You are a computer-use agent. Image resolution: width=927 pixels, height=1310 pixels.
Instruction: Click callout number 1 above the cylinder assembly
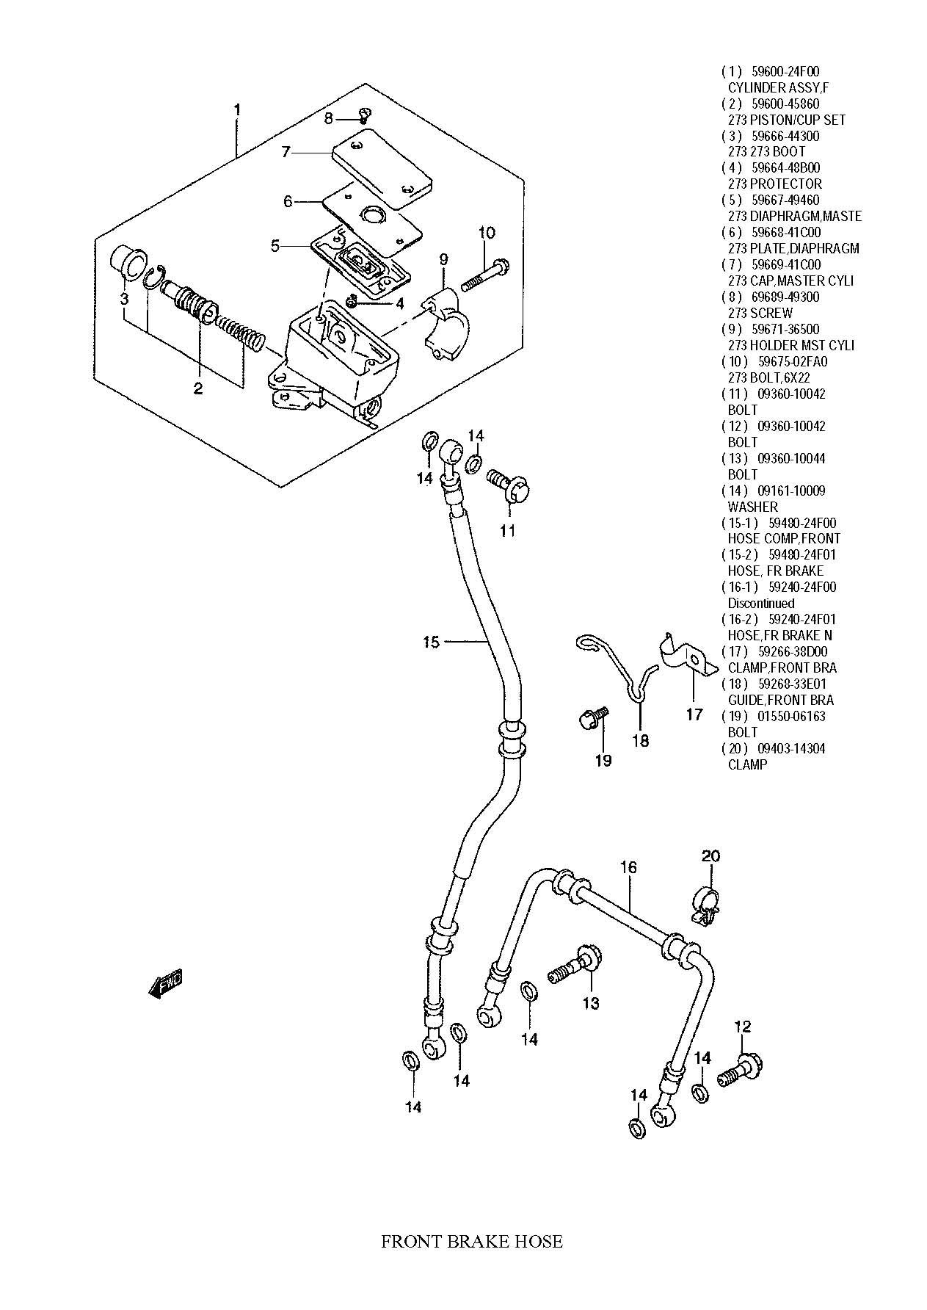pos(236,110)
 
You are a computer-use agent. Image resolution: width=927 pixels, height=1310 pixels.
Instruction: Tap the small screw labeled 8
pos(365,115)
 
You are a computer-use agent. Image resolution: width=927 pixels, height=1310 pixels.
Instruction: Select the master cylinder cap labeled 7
pos(381,167)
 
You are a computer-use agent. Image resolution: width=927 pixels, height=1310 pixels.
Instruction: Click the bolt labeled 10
pos(485,272)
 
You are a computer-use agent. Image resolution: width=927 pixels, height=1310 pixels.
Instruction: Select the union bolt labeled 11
pos(508,485)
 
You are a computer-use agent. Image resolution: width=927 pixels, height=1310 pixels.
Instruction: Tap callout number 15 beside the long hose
pos(431,643)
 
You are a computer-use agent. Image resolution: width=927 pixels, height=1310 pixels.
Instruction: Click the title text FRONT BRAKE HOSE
pos(472,1242)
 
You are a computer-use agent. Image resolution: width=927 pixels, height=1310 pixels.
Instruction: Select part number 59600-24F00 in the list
pos(785,72)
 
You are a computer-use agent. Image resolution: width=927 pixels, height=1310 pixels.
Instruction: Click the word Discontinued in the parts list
pos(761,603)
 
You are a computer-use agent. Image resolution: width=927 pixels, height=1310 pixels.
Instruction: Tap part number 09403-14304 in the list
pos(785,748)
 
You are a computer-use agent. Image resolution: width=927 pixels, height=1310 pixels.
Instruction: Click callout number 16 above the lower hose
pos(628,867)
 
